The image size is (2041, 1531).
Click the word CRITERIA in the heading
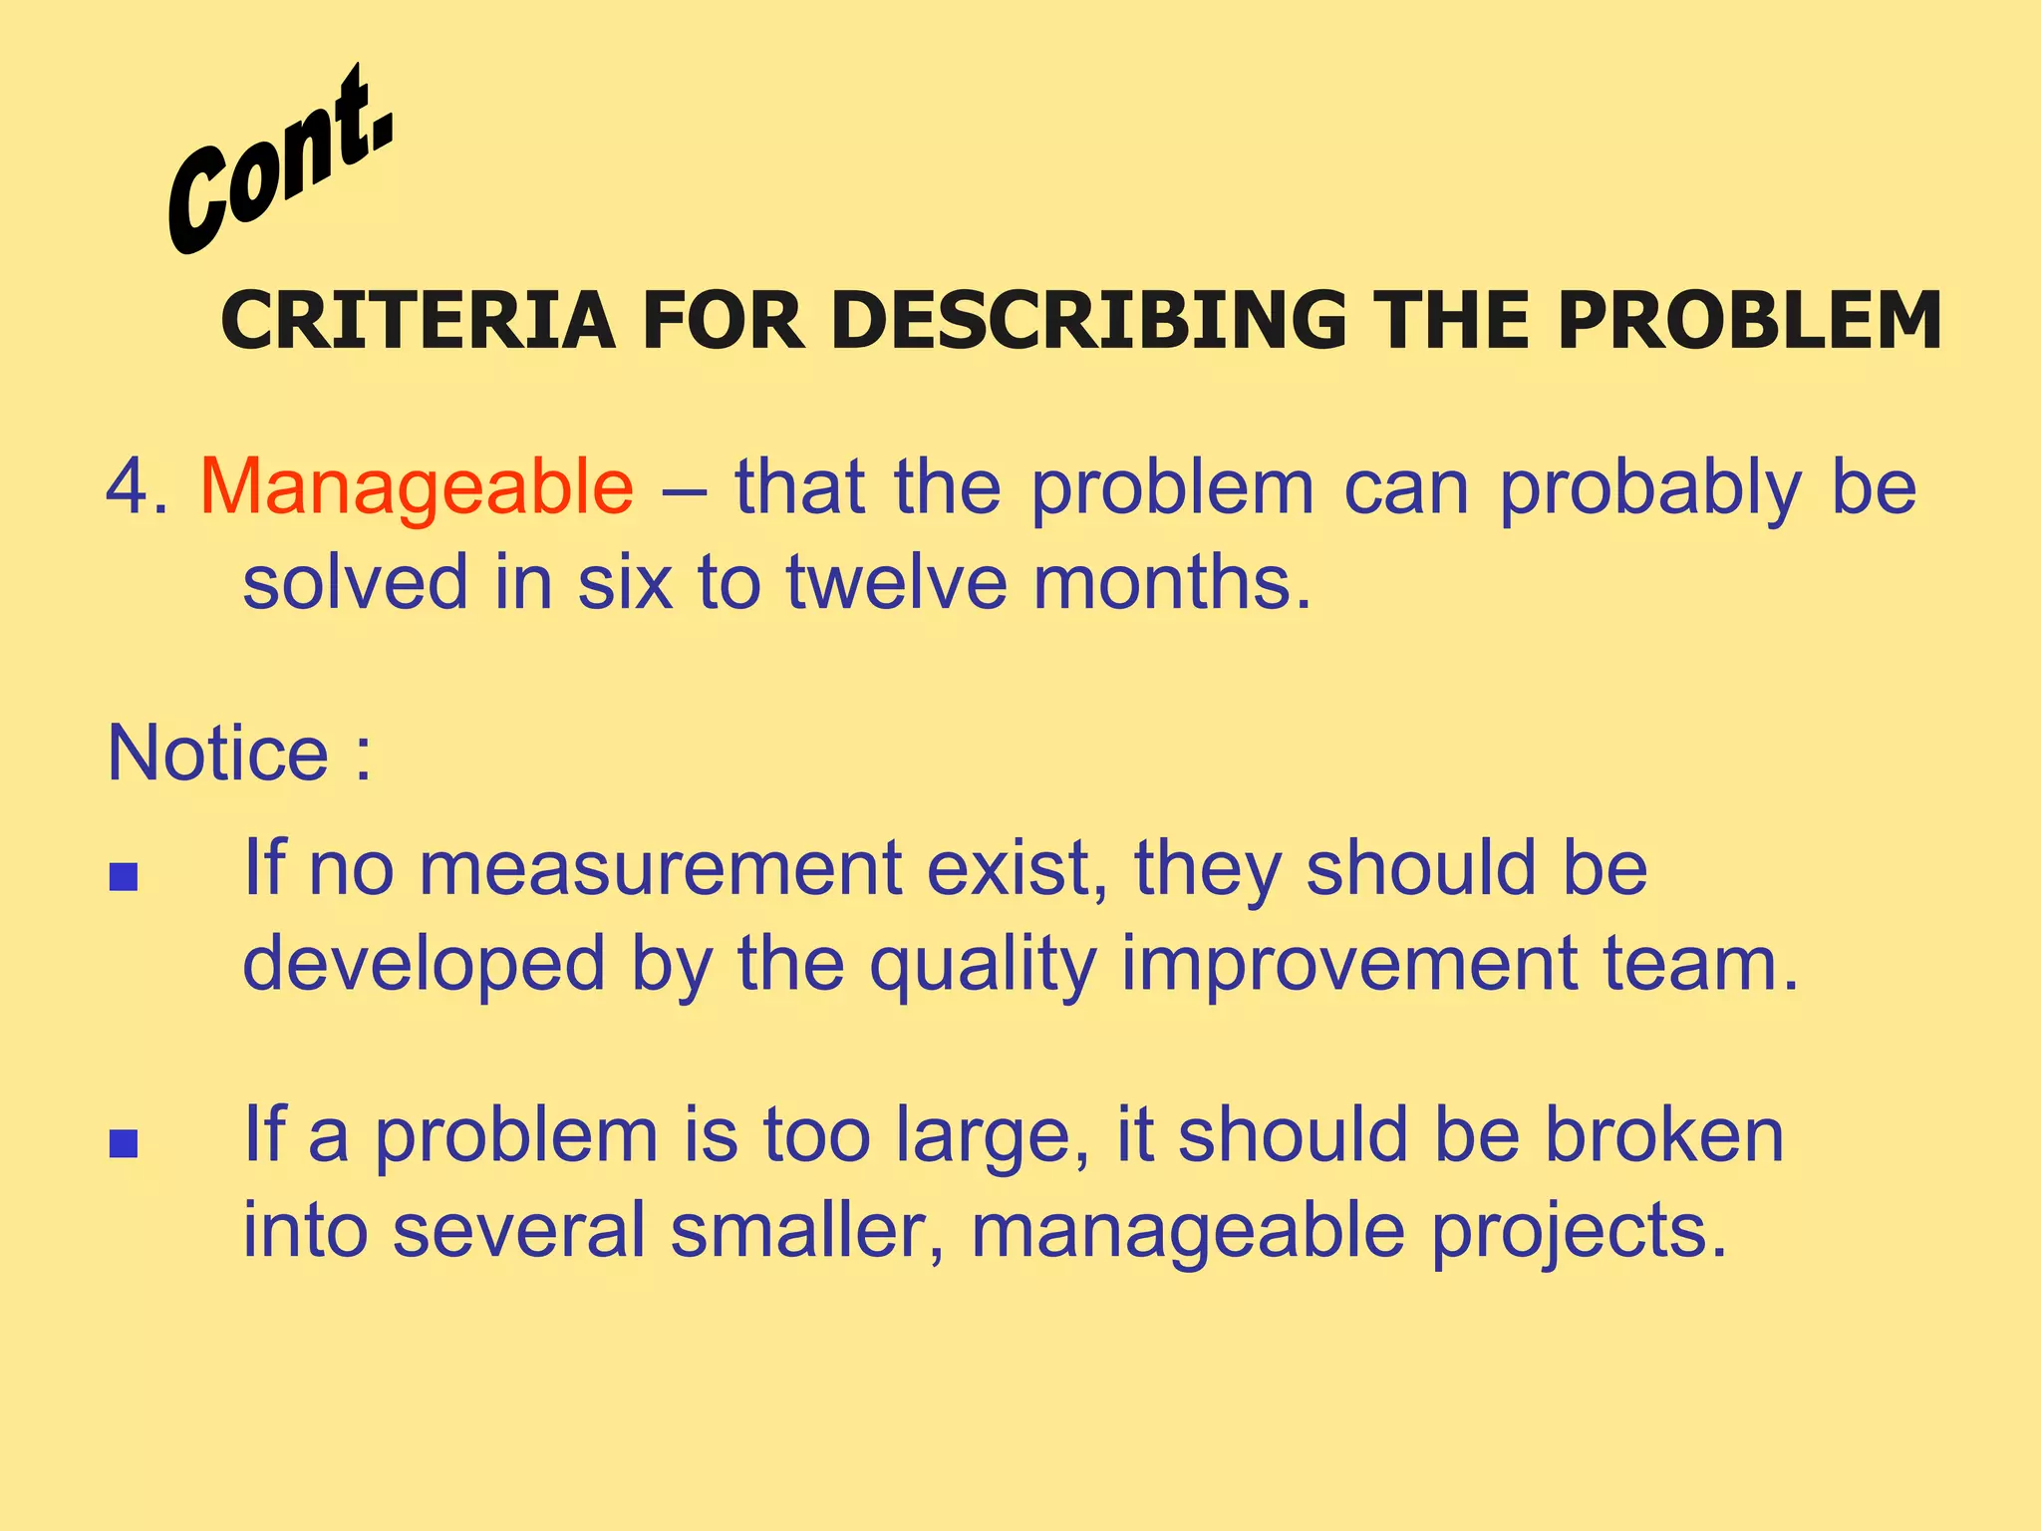[418, 321]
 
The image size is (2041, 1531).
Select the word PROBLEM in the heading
[1750, 321]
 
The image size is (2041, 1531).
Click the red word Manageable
[417, 487]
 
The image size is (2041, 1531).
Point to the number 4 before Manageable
[127, 487]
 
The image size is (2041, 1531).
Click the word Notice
[217, 753]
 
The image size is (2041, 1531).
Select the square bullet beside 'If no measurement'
[124, 877]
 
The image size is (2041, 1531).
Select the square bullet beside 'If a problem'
[124, 1143]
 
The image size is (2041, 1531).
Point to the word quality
[983, 966]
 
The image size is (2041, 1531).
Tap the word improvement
[1349, 966]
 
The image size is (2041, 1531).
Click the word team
[1700, 964]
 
